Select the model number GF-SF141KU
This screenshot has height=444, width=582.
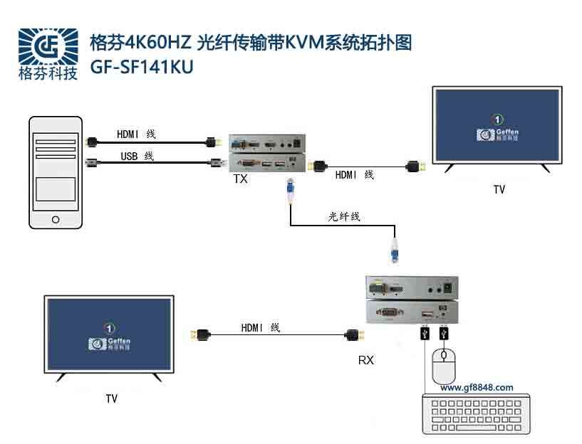(142, 65)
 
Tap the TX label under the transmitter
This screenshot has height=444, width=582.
(241, 179)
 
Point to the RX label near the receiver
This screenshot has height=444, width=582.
(365, 360)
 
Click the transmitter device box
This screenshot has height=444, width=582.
(266, 153)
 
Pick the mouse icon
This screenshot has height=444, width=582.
(443, 366)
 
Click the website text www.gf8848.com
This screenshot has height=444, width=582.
(477, 388)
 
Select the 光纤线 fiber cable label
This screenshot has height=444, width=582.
(344, 217)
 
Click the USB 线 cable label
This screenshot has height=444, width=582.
(135, 156)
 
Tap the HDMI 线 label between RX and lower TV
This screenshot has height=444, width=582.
(261, 327)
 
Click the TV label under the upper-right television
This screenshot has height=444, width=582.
(499, 190)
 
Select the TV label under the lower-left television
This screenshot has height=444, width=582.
(111, 398)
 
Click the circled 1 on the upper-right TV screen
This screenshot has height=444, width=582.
(499, 119)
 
